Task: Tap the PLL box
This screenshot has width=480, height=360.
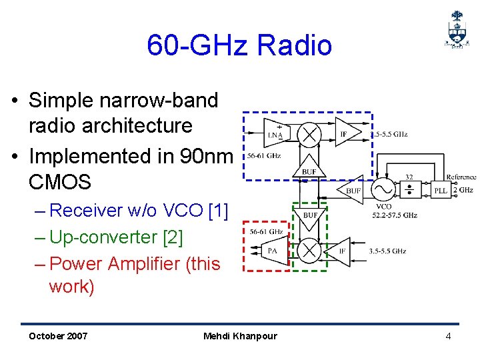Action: [441, 190]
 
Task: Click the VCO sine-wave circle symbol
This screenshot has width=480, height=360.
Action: [384, 190]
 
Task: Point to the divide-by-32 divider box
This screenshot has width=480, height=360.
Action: [408, 190]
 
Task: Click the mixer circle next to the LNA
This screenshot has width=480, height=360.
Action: [309, 134]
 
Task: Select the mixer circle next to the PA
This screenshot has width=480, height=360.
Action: [309, 251]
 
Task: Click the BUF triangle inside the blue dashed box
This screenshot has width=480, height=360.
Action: [308, 167]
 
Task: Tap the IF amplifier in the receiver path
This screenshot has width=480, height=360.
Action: [345, 133]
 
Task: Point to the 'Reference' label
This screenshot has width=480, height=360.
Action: [461, 177]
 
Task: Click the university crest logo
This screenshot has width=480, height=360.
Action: [456, 29]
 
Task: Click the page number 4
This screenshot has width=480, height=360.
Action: [448, 336]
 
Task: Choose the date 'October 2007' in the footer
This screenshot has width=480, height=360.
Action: [58, 336]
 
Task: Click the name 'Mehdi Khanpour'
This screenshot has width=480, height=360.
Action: [240, 336]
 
